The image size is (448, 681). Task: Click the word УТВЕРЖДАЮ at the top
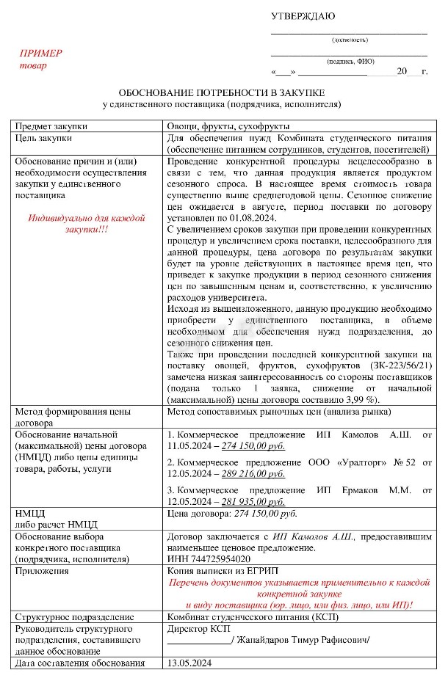pos(303,16)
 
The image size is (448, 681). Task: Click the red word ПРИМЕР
pos(40,54)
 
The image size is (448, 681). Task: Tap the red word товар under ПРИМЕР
pos(32,65)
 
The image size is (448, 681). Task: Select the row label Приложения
pos(45,571)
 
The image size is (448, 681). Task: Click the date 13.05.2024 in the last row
pos(190,663)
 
